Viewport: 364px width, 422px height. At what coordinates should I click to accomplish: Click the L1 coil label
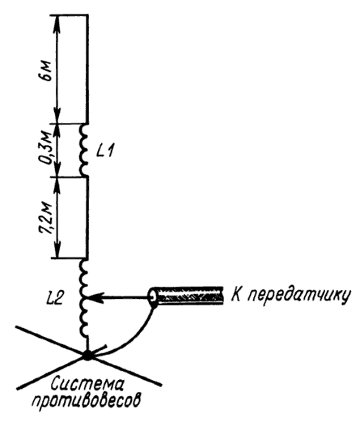click(x=105, y=151)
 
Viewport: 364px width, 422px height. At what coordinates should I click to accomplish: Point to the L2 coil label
click(x=54, y=298)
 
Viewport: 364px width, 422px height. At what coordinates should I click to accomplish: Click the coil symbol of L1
click(x=83, y=150)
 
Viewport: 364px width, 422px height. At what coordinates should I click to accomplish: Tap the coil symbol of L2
click(x=83, y=297)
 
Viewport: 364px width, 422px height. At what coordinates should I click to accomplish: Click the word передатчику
click(x=299, y=296)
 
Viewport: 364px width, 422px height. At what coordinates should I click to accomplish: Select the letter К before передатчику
click(x=237, y=294)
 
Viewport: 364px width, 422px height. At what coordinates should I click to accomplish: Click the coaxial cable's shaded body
click(x=190, y=296)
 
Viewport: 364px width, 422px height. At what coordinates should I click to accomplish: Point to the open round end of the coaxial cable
click(x=154, y=296)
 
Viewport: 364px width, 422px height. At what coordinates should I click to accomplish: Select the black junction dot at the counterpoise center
click(x=87, y=355)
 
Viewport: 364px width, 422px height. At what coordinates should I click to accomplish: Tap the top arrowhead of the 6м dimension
click(x=57, y=23)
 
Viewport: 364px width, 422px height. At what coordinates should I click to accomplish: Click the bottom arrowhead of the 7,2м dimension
click(x=57, y=249)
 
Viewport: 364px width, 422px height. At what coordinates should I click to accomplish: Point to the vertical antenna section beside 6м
click(x=87, y=69)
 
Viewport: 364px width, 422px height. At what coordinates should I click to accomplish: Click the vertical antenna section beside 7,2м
click(x=87, y=218)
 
